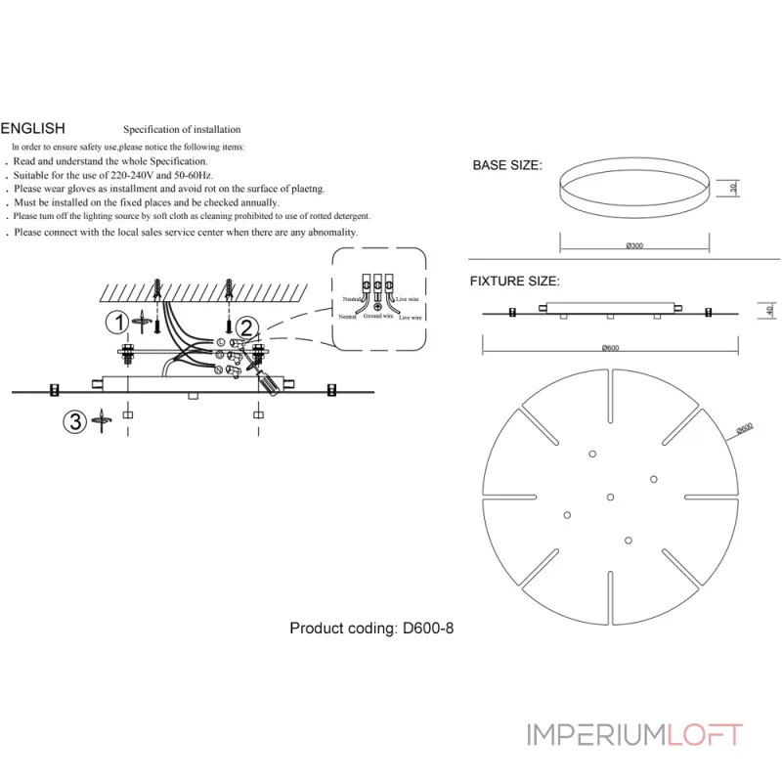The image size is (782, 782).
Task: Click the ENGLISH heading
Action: click(33, 128)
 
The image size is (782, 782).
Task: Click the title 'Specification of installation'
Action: click(182, 129)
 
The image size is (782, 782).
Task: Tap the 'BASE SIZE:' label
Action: click(506, 165)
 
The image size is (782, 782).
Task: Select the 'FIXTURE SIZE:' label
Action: click(515, 281)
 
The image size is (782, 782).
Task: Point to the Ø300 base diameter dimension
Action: click(633, 245)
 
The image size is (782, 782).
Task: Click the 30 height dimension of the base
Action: click(732, 188)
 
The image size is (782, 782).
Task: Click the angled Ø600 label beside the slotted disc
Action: click(744, 427)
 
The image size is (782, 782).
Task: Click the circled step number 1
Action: click(116, 322)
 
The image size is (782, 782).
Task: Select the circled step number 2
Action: click(246, 327)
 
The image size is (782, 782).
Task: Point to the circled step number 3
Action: click(73, 421)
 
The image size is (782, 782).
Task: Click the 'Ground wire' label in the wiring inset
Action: click(377, 317)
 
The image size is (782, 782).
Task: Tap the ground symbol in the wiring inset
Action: click(377, 306)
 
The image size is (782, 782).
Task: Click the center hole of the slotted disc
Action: click(610, 497)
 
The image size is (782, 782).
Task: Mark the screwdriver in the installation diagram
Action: click(270, 380)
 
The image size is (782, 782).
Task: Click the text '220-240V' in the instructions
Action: click(129, 174)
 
